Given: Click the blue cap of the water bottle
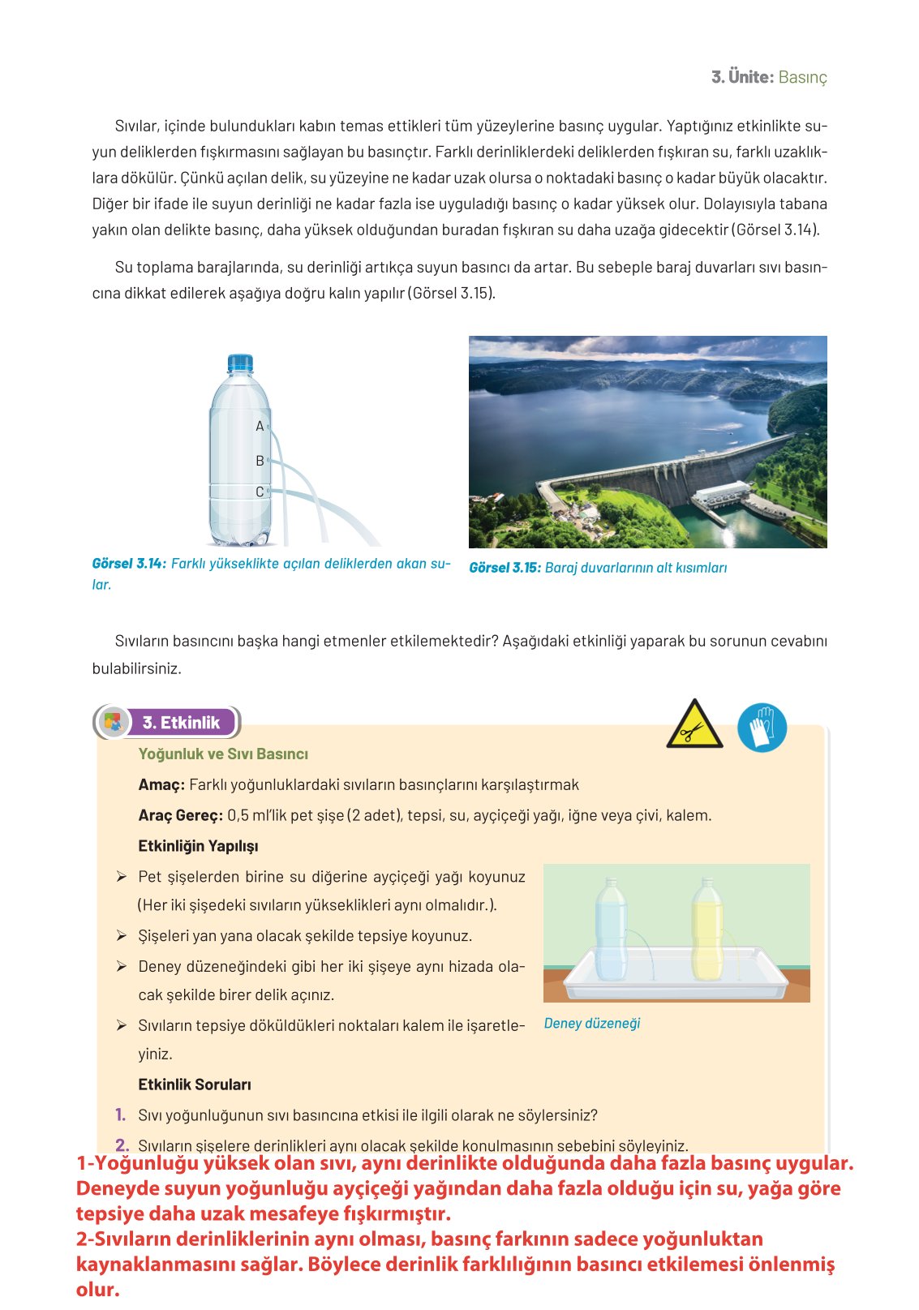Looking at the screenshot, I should point(240,363).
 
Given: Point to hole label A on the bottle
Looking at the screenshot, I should point(260,426).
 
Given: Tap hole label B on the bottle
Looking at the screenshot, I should point(260,461).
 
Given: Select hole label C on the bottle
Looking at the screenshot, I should point(260,492).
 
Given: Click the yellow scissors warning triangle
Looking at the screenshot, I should point(694,725).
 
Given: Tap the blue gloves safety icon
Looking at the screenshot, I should point(762,727).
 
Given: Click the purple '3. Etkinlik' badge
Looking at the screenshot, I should point(181,723).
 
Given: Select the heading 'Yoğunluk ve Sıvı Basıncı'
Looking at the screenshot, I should point(223,754).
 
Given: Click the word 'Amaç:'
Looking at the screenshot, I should point(161,784).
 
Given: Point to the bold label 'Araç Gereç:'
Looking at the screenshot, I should point(180,815).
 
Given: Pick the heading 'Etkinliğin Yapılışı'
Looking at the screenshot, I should point(198,846).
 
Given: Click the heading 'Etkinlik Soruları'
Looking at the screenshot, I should point(195,1085).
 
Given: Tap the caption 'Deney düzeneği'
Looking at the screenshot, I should point(592,1024).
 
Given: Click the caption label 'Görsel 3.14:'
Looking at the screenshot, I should point(129,564).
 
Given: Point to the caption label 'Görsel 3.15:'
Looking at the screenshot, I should point(505,568).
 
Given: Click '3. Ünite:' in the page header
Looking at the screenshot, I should point(742,77).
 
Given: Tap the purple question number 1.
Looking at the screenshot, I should point(120,1115).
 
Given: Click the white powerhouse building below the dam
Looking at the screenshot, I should point(719,493).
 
